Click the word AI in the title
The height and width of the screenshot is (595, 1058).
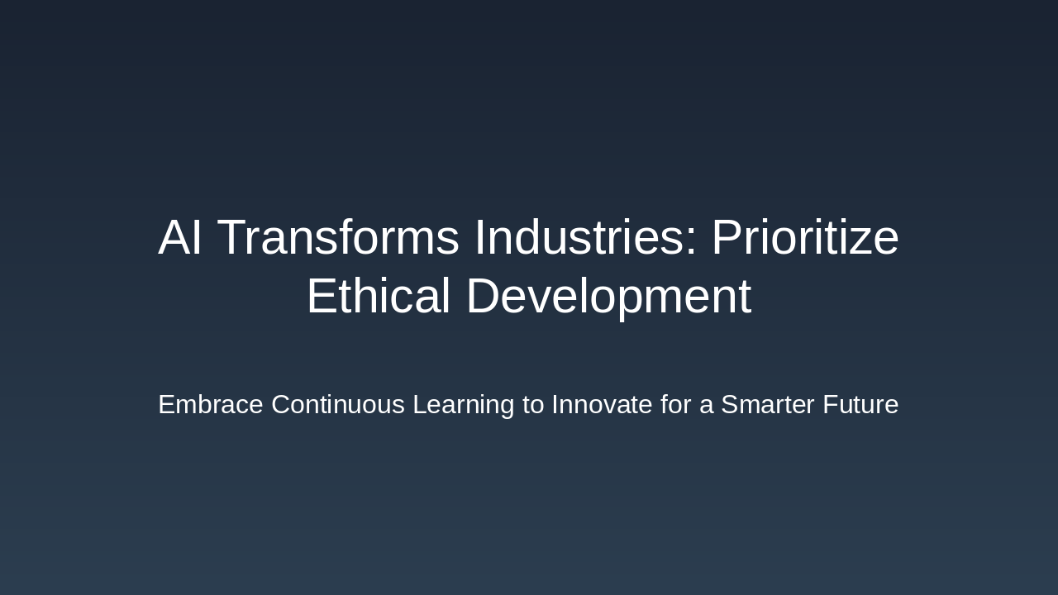point(180,238)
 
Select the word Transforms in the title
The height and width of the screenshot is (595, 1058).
point(338,238)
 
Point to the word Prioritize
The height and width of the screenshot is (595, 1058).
point(804,238)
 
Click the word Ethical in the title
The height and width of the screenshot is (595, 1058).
point(378,297)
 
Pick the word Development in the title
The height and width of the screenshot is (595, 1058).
point(608,297)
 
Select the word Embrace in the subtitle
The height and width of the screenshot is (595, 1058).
point(211,405)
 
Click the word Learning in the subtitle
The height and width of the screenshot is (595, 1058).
point(463,405)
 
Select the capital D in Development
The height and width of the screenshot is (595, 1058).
point(484,297)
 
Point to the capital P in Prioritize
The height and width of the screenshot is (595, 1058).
point(727,238)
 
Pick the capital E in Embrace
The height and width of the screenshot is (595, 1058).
point(166,405)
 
